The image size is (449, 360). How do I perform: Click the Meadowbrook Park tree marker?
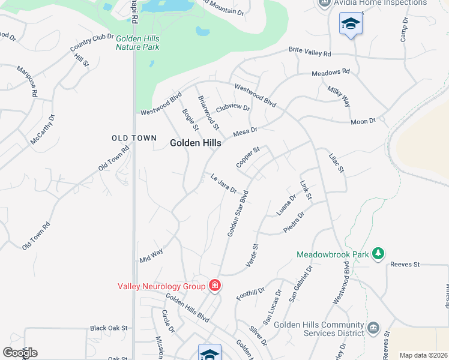(x=378, y=254)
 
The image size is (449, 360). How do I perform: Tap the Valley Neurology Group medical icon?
(x=214, y=286)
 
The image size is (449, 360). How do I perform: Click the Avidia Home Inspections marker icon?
(x=324, y=2)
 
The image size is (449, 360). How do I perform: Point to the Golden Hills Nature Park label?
(x=137, y=42)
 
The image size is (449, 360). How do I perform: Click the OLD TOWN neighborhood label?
(x=134, y=138)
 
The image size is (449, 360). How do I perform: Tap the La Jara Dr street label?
(x=224, y=182)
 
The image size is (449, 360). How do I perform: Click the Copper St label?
(x=247, y=157)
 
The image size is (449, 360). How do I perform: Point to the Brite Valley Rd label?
(x=310, y=52)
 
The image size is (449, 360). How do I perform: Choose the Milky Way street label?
(x=339, y=96)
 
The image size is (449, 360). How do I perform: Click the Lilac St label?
(x=337, y=163)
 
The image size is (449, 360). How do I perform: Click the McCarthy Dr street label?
(x=43, y=130)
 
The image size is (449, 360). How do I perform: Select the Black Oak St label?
(x=109, y=328)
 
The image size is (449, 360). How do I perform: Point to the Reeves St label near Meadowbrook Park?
(x=404, y=264)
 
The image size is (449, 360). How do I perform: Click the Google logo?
(x=20, y=353)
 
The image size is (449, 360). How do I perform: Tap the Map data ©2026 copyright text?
(x=423, y=355)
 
